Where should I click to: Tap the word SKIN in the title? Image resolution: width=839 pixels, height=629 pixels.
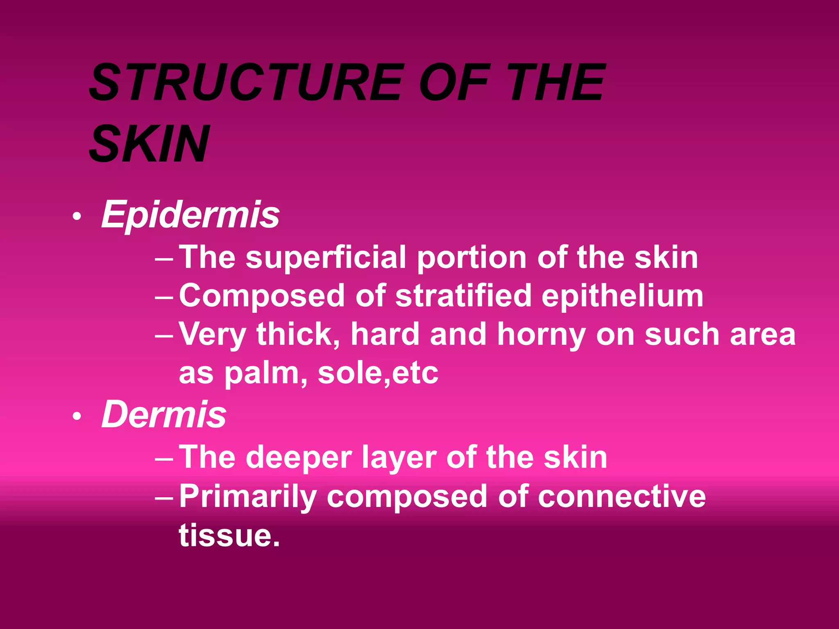click(150, 143)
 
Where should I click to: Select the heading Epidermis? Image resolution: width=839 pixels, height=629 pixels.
click(190, 215)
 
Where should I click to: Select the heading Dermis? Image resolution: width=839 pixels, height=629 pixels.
click(164, 414)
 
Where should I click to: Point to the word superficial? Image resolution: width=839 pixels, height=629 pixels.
click(326, 258)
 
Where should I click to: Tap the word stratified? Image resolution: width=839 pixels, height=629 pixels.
click(463, 296)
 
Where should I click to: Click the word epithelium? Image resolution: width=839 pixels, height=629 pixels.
click(622, 296)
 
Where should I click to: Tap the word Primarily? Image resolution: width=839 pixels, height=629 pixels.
click(248, 496)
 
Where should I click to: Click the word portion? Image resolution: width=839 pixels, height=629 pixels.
click(472, 258)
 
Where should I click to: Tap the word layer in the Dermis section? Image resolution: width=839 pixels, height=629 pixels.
click(399, 458)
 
